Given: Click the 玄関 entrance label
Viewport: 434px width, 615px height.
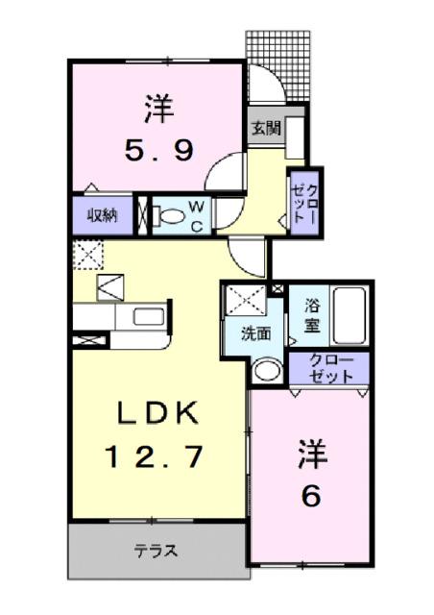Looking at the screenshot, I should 266,128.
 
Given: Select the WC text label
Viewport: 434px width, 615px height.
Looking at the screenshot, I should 194,214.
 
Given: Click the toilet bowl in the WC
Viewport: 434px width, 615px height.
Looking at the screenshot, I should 170,215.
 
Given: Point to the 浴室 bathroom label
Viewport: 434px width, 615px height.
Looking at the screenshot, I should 312,316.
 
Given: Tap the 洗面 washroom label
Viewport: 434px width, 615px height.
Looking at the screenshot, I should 254,336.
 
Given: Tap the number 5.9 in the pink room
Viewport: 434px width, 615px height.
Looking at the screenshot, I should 159,150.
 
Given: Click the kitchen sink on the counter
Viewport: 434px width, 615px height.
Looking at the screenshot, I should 148,316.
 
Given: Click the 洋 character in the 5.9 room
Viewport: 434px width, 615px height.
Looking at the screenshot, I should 159,108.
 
